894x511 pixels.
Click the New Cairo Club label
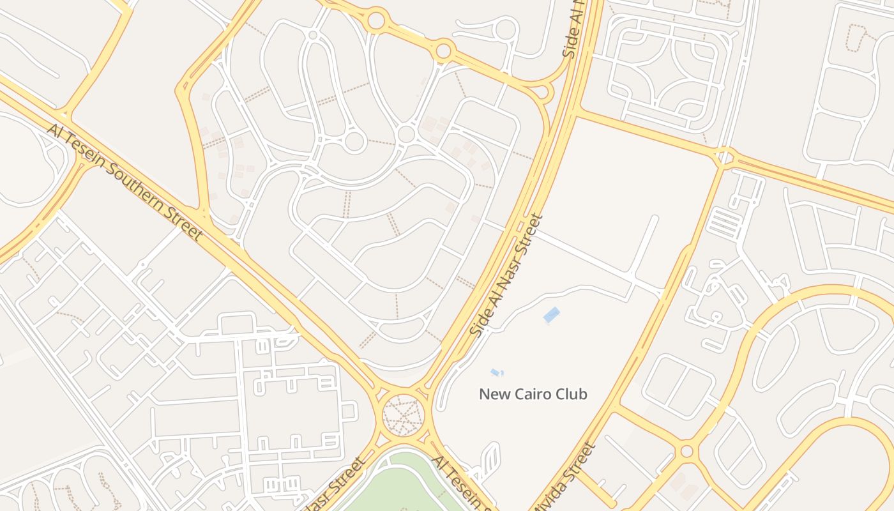coord(533,394)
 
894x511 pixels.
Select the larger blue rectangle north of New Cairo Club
coord(551,314)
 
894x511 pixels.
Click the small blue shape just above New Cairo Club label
coord(496,372)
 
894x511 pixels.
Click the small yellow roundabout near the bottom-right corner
coord(686,451)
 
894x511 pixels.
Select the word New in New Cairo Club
coord(492,394)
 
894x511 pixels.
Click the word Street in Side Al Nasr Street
coord(530,237)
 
